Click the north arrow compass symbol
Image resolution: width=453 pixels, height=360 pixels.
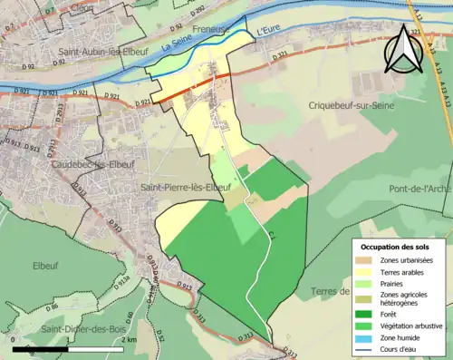coord(402,50)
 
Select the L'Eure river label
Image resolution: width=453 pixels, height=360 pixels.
coord(270,33)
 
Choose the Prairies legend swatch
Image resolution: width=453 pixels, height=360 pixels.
coord(366,284)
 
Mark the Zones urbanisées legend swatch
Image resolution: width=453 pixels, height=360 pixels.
coord(366,260)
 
